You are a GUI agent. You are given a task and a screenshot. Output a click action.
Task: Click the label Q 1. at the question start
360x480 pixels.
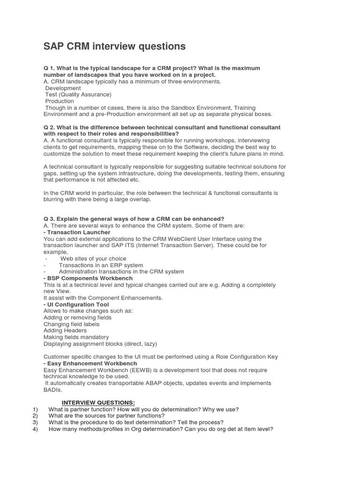(49, 68)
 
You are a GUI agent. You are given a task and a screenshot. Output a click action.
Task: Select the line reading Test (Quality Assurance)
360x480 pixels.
(78, 95)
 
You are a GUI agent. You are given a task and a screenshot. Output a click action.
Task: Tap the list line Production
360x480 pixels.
(60, 101)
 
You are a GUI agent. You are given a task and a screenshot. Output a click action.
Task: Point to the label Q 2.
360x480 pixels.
(49, 127)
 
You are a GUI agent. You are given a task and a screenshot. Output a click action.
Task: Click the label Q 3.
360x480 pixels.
(49, 219)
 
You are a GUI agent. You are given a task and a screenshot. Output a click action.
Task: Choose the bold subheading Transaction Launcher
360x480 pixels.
(78, 232)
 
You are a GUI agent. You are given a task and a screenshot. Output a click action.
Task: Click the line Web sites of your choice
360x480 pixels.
(93, 259)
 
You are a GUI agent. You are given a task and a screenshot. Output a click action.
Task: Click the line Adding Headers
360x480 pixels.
(65, 330)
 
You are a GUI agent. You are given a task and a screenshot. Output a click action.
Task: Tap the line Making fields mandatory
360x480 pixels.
(76, 337)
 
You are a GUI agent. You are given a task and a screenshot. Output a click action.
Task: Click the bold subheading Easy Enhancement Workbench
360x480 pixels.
(91, 363)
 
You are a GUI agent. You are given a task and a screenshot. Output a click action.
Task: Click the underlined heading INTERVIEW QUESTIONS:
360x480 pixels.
(98, 403)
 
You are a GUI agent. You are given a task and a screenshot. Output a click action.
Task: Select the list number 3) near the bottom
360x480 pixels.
(35, 422)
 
